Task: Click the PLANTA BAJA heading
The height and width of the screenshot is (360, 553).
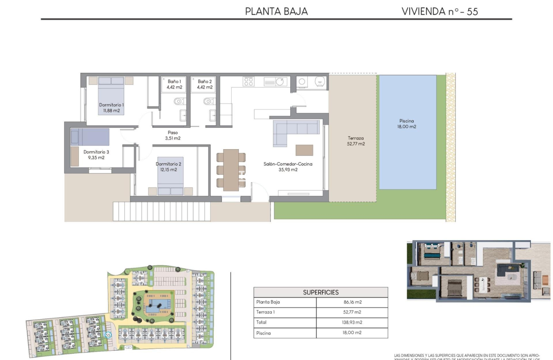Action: point(276,11)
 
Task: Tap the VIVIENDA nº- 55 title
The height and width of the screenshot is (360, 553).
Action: point(439,11)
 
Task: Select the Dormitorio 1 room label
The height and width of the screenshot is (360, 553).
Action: point(111,105)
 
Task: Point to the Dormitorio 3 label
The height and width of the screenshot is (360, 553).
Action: point(96,152)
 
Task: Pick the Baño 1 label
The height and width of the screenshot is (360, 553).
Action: point(174,81)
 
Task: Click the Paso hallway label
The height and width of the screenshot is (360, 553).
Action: point(172,133)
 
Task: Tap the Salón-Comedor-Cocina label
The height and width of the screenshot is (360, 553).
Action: point(288,164)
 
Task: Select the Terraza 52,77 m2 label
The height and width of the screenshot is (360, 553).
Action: point(356,141)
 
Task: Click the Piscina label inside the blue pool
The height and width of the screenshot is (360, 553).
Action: point(407,121)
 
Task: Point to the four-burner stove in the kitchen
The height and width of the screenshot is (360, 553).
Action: point(248,81)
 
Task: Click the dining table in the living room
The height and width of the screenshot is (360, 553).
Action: point(231,170)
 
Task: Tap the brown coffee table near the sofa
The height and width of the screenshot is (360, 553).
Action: point(304,150)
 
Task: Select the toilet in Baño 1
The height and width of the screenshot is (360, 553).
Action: point(178,101)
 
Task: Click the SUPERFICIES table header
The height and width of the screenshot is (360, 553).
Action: point(320,292)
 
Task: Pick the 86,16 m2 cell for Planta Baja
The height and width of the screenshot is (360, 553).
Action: point(352,302)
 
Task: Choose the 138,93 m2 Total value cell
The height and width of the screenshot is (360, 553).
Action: point(352,322)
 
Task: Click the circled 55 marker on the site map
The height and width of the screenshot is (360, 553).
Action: point(108,335)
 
